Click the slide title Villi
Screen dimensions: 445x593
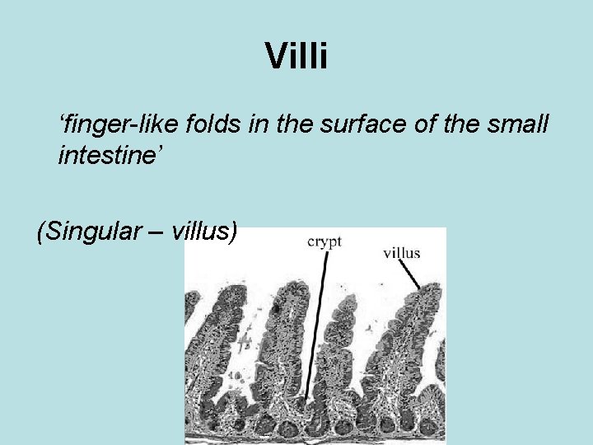pyautogui.click(x=296, y=57)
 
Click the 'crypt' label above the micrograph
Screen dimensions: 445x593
pyautogui.click(x=324, y=241)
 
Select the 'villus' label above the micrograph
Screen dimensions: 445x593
pyautogui.click(x=401, y=252)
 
